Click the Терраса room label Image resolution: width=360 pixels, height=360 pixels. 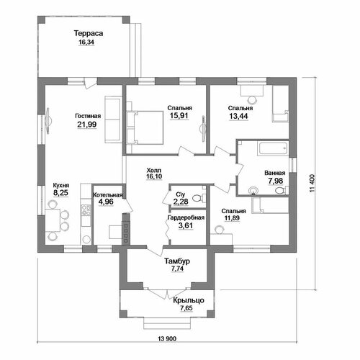click(x=89, y=33)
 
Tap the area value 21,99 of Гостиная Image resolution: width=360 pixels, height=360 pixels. click(x=87, y=125)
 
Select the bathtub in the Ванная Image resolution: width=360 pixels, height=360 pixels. click(x=273, y=149)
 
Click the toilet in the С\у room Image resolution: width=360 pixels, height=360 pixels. click(x=199, y=198)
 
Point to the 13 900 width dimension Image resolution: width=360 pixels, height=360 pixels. click(x=167, y=338)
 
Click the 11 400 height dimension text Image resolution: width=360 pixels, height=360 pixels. click(x=312, y=184)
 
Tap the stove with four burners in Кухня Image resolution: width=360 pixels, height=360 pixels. click(x=86, y=210)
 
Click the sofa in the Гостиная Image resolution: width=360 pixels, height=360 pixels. click(x=113, y=120)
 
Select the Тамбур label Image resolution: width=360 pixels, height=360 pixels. click(x=177, y=261)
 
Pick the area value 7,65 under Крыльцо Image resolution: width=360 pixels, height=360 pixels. click(x=186, y=308)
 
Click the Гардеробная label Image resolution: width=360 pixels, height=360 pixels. click(x=186, y=217)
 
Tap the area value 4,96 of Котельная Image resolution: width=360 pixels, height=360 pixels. click(x=106, y=202)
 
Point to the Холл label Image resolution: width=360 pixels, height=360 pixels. click(x=154, y=170)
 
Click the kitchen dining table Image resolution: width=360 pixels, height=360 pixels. click(x=53, y=220)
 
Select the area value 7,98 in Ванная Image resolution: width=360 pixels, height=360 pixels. click(x=276, y=181)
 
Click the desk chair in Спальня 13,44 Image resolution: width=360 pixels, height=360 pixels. click(x=252, y=99)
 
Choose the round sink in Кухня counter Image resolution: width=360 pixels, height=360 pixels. click(x=86, y=239)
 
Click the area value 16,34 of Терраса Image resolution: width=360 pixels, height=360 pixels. click(x=86, y=42)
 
